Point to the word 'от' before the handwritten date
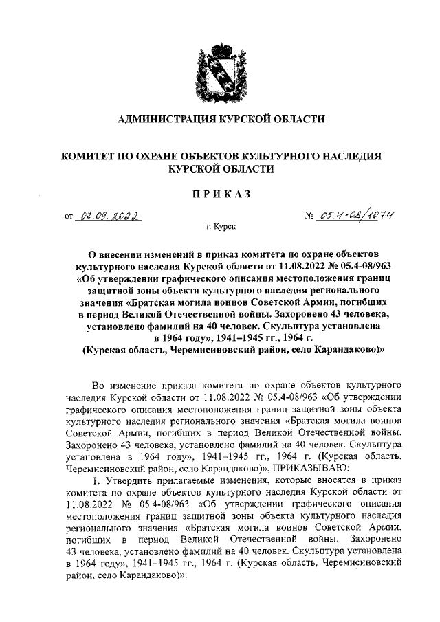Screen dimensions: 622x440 pyautogui.click(x=68, y=219)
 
